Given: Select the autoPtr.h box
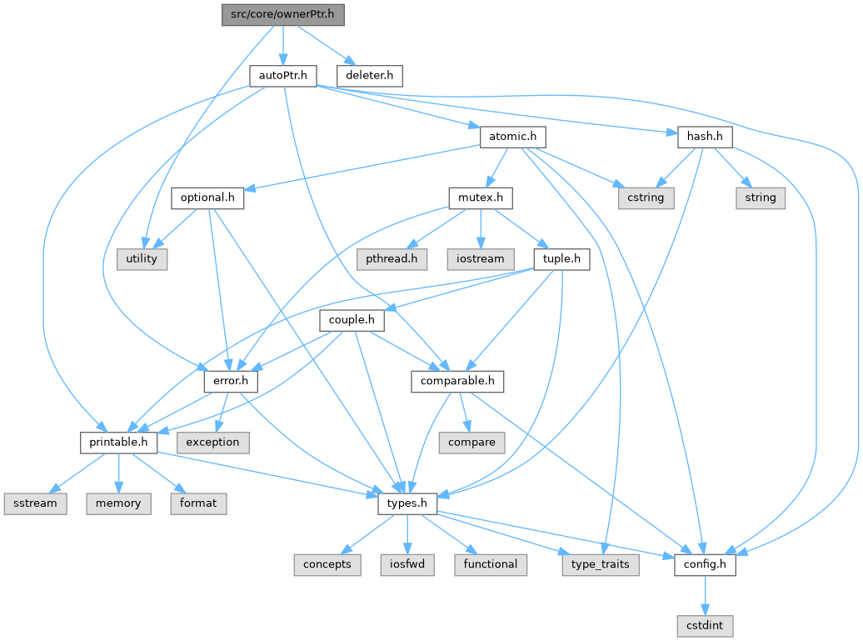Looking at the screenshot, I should [x=283, y=76].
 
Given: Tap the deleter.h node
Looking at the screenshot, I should [x=369, y=76].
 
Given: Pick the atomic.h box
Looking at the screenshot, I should [x=511, y=136].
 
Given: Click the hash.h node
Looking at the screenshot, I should [x=704, y=136].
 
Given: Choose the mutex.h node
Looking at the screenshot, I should [x=481, y=198].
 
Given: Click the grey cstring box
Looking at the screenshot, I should [x=646, y=198].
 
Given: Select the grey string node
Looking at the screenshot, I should [x=760, y=198].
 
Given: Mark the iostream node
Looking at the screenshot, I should [x=481, y=258].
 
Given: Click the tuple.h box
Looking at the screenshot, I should [x=561, y=258].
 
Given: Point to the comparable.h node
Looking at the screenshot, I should [x=457, y=381].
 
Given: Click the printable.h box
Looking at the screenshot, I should [x=118, y=442].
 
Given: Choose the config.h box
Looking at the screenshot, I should [x=705, y=564].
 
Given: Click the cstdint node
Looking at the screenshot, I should [x=705, y=625].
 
